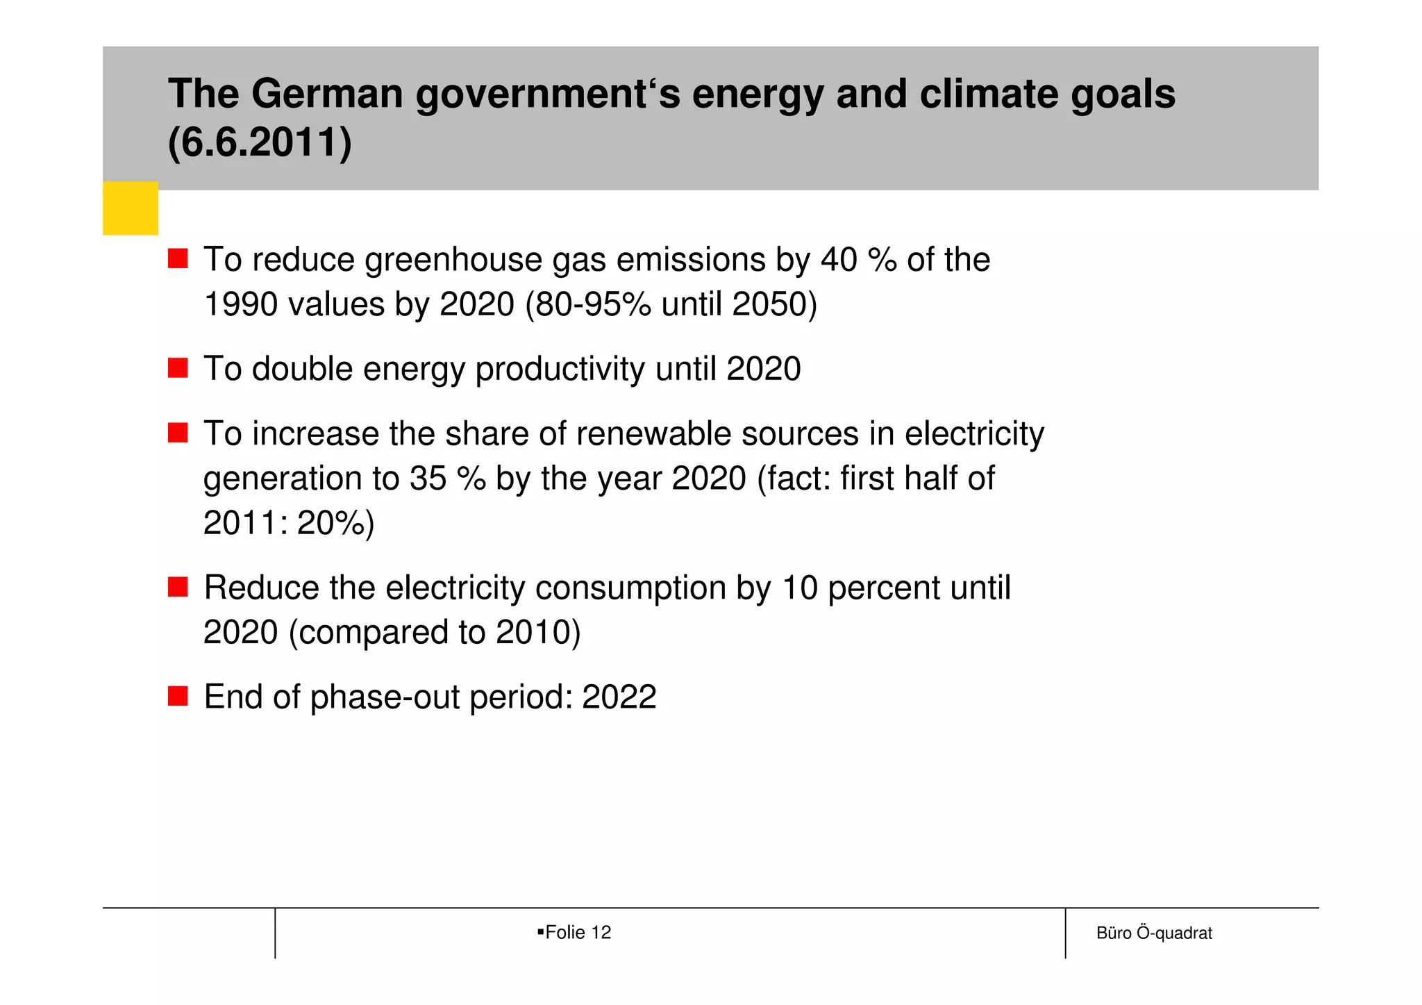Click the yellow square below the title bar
tap(131, 208)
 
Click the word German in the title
tap(327, 94)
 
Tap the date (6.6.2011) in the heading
tap(260, 142)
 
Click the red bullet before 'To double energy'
tap(178, 368)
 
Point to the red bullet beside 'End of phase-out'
tap(178, 696)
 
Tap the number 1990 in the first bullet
tap(240, 304)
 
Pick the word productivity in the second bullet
tap(560, 369)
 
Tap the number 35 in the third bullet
tap(428, 479)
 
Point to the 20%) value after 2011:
tap(335, 523)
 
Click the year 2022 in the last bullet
tap(619, 697)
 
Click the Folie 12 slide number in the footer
tap(578, 932)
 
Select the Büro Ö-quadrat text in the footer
tap(1154, 933)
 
